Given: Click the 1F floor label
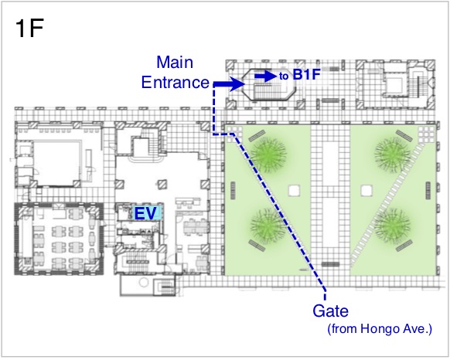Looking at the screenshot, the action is click(x=29, y=28).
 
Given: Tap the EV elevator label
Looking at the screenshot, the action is click(x=145, y=213).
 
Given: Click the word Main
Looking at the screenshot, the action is click(x=175, y=62).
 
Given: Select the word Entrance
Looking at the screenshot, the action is click(x=175, y=82).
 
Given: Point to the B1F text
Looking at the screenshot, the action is click(x=306, y=75).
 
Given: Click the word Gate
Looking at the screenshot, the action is click(x=331, y=311).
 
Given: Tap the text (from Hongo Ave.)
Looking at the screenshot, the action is click(x=380, y=329).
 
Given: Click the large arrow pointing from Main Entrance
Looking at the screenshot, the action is click(x=229, y=83).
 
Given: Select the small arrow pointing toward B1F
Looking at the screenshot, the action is click(x=266, y=76).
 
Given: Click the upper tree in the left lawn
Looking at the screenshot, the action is click(x=268, y=155).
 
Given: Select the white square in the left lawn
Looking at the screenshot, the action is click(x=294, y=191).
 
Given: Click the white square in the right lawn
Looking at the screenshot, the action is click(x=366, y=191).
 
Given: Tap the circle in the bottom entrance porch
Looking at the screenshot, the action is click(x=143, y=282).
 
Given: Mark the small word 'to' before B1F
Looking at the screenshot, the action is click(x=284, y=76).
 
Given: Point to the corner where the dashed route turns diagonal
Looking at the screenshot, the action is click(x=234, y=134).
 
